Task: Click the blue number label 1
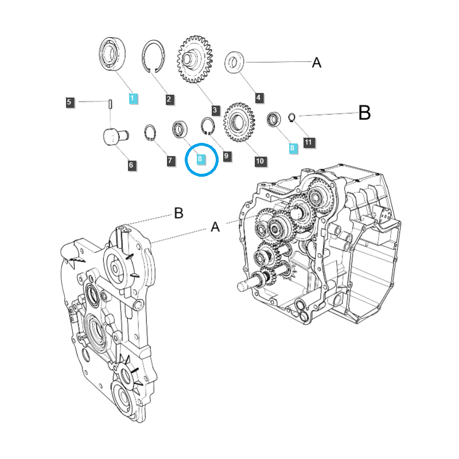click(132, 98)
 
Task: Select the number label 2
click(169, 99)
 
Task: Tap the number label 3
click(215, 110)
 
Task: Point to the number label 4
click(258, 98)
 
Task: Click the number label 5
click(69, 102)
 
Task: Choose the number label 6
click(131, 165)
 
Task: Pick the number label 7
click(170, 161)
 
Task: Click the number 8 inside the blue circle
click(200, 158)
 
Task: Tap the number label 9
click(227, 155)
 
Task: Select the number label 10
click(260, 161)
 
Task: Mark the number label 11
click(308, 142)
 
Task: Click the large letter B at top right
click(364, 114)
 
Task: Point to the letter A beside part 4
click(317, 63)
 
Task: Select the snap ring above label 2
click(153, 56)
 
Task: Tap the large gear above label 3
click(194, 60)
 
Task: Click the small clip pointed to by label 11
click(291, 118)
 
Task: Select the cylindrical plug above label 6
click(114, 138)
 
